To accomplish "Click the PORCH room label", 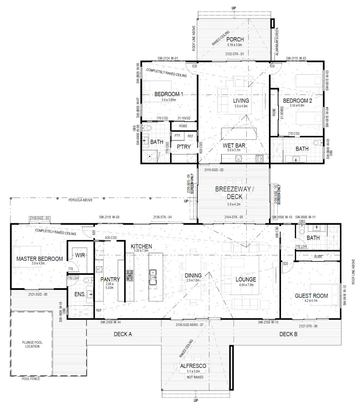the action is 235,39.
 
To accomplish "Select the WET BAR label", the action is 234,145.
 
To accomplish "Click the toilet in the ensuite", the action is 87,280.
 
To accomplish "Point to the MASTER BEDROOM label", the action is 40,259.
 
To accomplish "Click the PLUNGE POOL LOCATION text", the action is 32,344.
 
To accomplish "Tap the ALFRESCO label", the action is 193,366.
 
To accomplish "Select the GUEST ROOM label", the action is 311,296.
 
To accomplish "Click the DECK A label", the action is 123,334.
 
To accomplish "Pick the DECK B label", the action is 288,334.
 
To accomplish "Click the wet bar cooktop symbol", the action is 259,158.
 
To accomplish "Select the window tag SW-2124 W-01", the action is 168,59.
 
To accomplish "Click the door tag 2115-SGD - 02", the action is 214,170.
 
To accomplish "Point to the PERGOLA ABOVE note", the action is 80,200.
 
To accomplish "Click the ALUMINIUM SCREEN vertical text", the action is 277,42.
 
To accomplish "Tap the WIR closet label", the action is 80,255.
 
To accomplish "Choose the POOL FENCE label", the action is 31,379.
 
